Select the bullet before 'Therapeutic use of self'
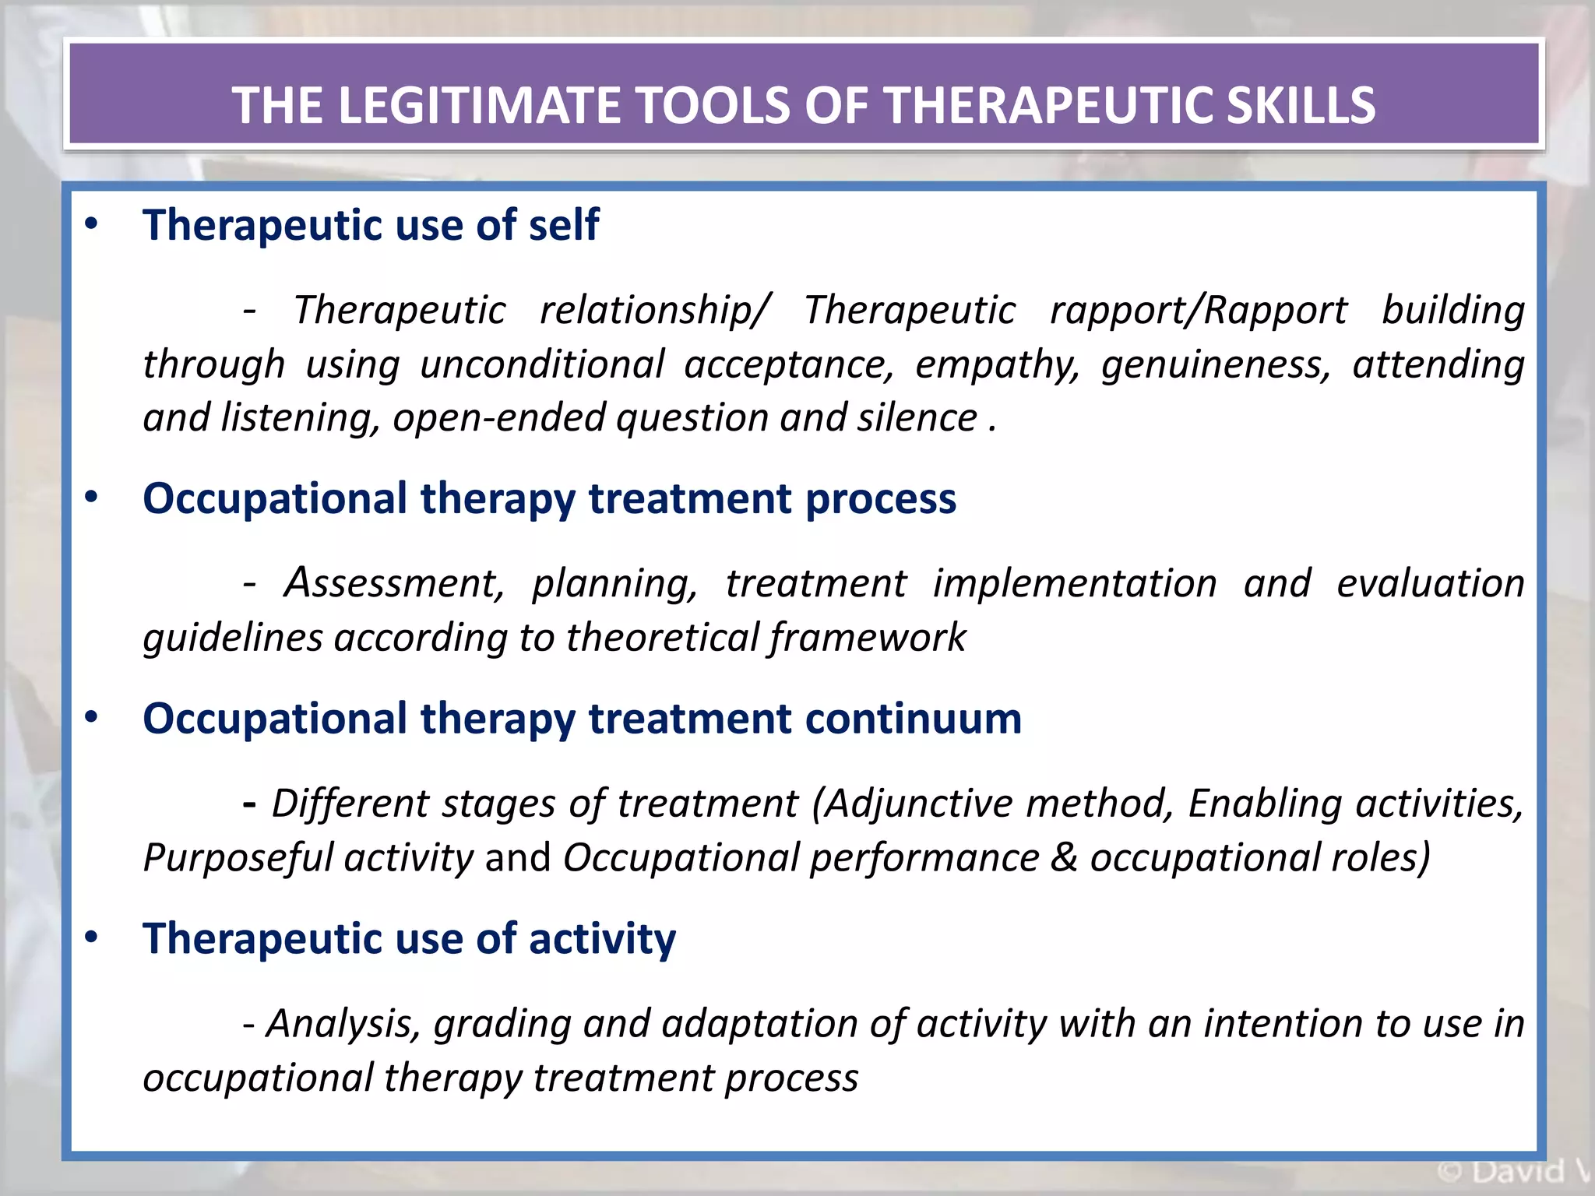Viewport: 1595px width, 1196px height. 92,224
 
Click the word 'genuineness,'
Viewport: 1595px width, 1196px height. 1216,364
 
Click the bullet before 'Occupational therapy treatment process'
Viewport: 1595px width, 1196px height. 92,498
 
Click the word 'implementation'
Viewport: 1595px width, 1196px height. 1075,583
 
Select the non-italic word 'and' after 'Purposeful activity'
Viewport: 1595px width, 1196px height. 517,858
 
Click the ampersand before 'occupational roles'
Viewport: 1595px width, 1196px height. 1064,858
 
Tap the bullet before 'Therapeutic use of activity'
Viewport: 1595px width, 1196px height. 92,937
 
